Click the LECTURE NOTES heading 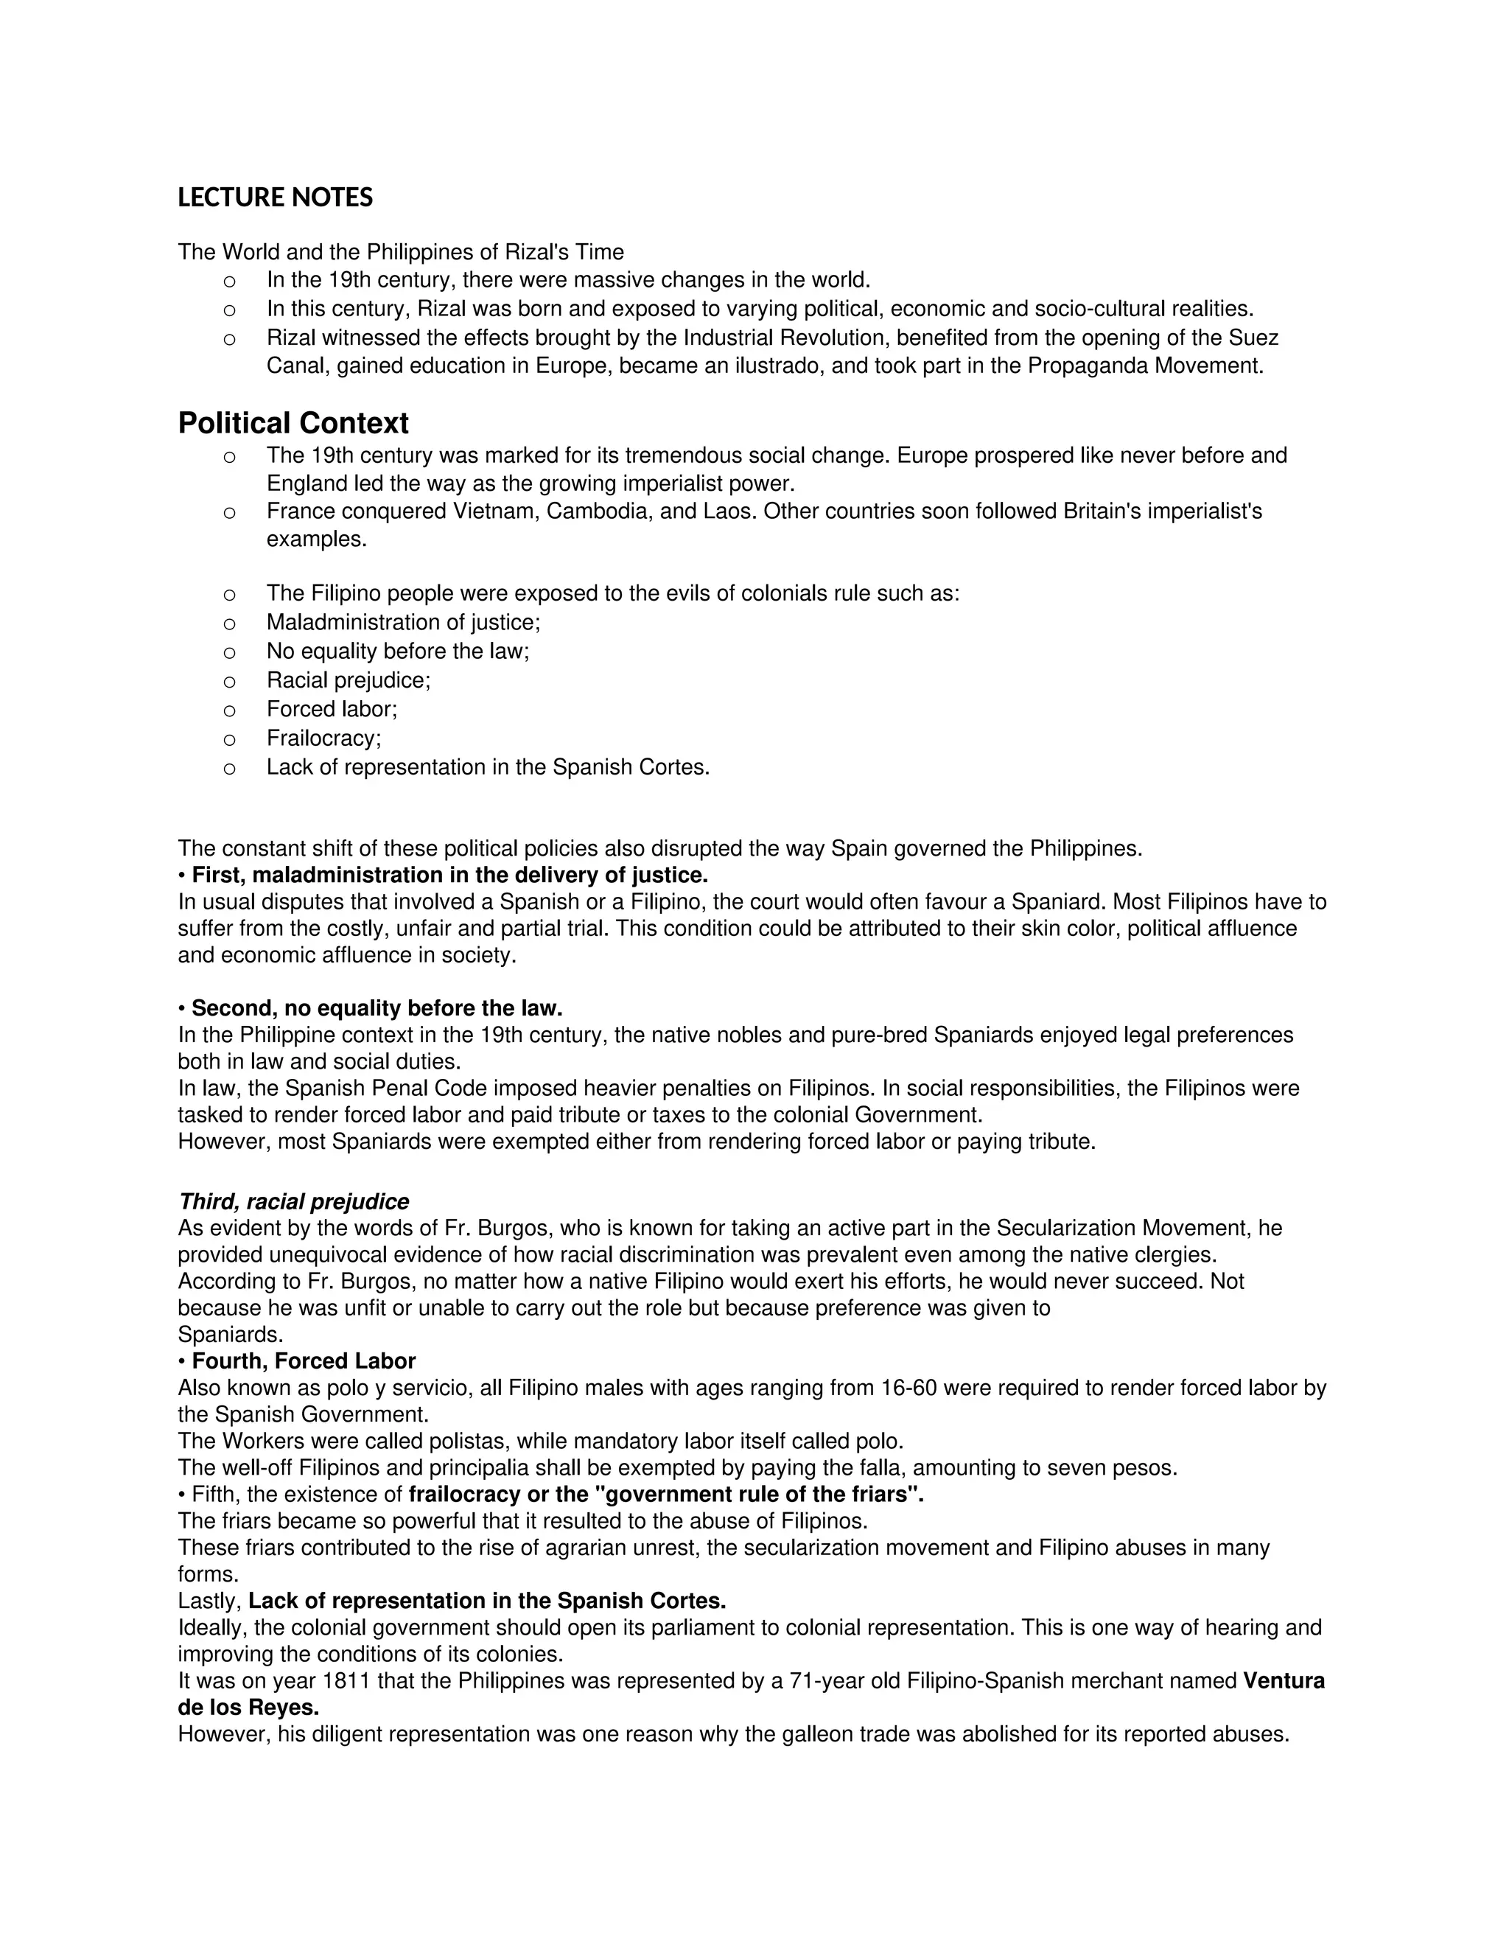tap(276, 198)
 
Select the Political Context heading tap(293, 423)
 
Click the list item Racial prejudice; tap(349, 680)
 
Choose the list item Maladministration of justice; tap(403, 623)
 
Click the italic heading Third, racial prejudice tap(293, 1202)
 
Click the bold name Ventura tap(1284, 1681)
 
